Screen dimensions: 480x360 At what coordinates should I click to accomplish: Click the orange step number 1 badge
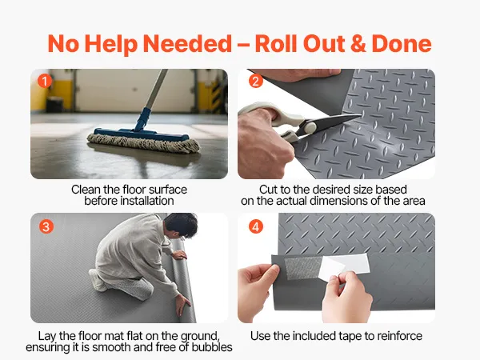pyautogui.click(x=45, y=82)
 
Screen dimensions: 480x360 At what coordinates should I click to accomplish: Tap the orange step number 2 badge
pyautogui.click(x=256, y=82)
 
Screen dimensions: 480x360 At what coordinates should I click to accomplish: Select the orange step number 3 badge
pyautogui.click(x=46, y=227)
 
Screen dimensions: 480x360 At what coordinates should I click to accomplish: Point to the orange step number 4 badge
pyautogui.click(x=256, y=227)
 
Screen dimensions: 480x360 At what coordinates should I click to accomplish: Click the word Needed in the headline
pyautogui.click(x=187, y=43)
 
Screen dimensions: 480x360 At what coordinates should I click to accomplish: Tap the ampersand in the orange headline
pyautogui.click(x=358, y=43)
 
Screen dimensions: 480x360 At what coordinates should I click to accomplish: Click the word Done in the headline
pyautogui.click(x=402, y=43)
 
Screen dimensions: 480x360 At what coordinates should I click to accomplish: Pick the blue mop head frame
pyautogui.click(x=142, y=134)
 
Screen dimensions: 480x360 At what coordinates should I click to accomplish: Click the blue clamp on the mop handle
pyautogui.click(x=142, y=119)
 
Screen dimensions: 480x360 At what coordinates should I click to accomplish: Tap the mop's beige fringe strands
pyautogui.click(x=144, y=143)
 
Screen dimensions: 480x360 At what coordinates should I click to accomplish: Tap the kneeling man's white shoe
pyautogui.click(x=98, y=281)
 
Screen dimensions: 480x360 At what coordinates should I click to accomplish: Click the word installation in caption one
pyautogui.click(x=129, y=201)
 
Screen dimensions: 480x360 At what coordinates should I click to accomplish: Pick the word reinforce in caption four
pyautogui.click(x=399, y=336)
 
